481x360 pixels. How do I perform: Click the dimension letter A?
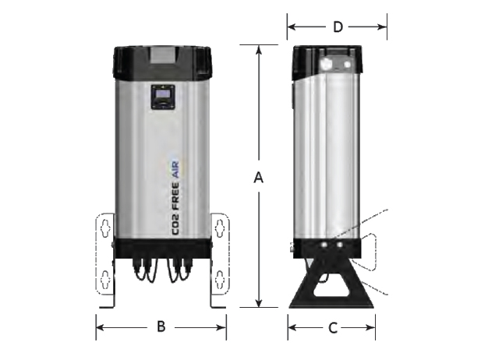[259, 178]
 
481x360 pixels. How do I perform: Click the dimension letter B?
[161, 326]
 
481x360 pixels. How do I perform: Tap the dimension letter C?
[333, 328]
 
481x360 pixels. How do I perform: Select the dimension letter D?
[338, 27]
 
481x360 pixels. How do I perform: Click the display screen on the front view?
[163, 94]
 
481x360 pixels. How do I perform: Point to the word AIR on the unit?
[175, 170]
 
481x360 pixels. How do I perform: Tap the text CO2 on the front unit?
[175, 223]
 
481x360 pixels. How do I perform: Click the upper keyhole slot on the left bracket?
[105, 228]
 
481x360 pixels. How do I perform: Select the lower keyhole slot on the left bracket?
[105, 279]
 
